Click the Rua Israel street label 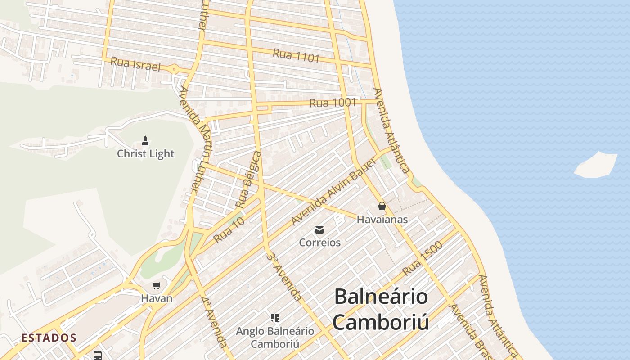tap(135, 64)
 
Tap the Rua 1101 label tap(296, 55)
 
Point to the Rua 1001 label tap(333, 103)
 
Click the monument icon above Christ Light tap(145, 141)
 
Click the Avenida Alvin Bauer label tap(333, 192)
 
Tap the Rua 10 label tap(229, 229)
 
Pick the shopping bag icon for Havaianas tap(382, 206)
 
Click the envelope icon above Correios tap(319, 230)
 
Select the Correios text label tap(320, 243)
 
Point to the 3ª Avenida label tap(284, 276)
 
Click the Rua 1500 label tap(423, 258)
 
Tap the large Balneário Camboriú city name tap(381, 310)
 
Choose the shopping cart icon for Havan tap(157, 285)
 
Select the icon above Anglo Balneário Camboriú tap(275, 318)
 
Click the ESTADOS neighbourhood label tap(49, 337)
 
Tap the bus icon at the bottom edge tap(98, 355)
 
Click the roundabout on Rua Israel tap(174, 69)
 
